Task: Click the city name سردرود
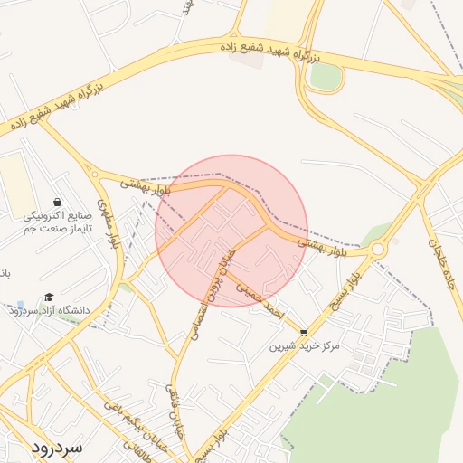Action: click(x=56, y=447)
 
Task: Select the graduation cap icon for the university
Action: click(x=49, y=297)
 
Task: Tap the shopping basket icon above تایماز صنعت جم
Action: click(x=58, y=202)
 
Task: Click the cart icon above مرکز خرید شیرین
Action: click(x=303, y=332)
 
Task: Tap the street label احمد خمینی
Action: click(x=260, y=299)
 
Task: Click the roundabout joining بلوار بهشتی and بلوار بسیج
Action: click(x=377, y=248)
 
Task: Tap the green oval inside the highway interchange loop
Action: click(x=325, y=77)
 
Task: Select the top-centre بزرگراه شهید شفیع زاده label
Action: click(x=271, y=51)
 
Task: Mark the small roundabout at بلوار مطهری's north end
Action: click(x=94, y=172)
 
